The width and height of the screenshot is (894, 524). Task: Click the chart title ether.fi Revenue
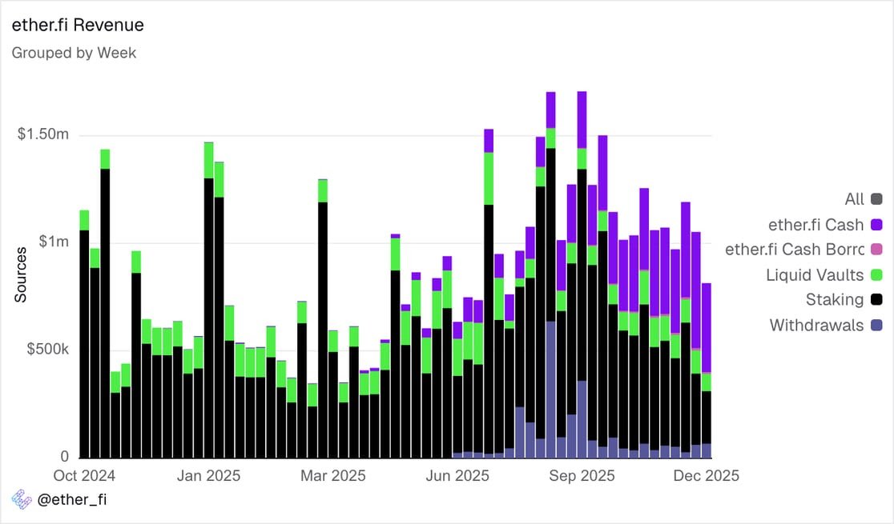pos(77,25)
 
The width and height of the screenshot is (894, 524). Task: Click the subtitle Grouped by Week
pos(74,53)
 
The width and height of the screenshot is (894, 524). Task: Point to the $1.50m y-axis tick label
pos(43,134)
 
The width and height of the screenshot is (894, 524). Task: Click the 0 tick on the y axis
pos(64,457)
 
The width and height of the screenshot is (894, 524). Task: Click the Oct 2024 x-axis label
pos(84,475)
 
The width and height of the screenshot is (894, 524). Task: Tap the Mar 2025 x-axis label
pos(333,475)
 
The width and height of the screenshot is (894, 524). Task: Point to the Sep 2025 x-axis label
pos(582,475)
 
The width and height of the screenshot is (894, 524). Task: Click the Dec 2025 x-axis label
pos(706,475)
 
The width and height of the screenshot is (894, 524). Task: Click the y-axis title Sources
pos(21,274)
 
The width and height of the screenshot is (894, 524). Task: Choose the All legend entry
pos(854,199)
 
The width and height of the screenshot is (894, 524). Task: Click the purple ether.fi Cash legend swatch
pos(876,225)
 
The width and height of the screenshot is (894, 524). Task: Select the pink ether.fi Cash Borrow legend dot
pos(876,250)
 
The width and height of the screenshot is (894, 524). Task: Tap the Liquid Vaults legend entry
pos(815,275)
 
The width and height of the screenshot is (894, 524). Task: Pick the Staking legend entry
pos(834,300)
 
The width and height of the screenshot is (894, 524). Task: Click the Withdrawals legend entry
pos(816,325)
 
